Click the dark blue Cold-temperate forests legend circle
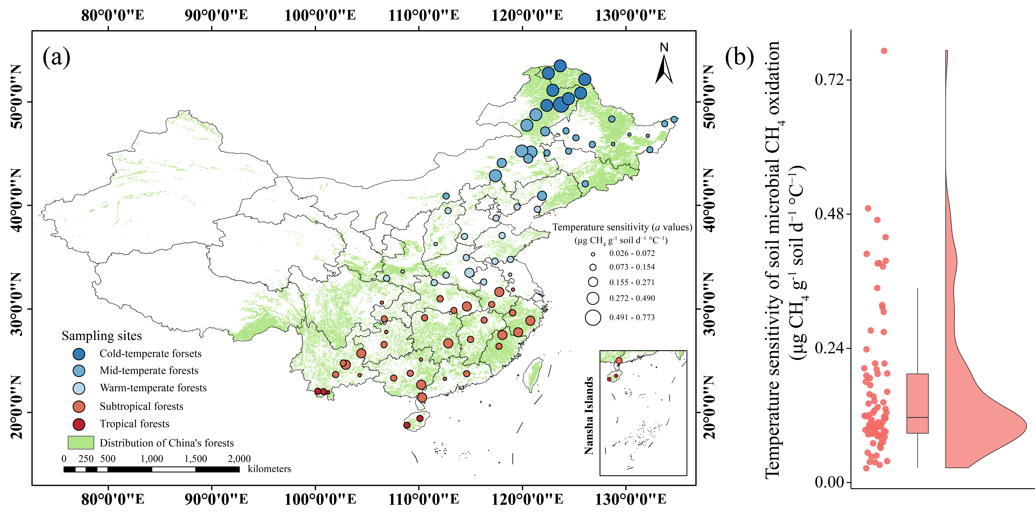pyautogui.click(x=79, y=354)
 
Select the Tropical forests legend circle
pyautogui.click(x=79, y=424)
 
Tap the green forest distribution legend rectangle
pyautogui.click(x=81, y=442)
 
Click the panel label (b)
pyautogui.click(x=739, y=57)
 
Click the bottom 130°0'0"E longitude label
pyautogui.click(x=630, y=500)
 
